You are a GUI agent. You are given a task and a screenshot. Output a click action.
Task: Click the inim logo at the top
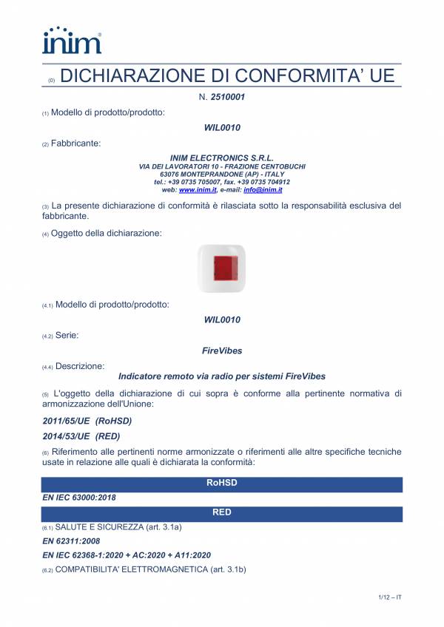(72, 40)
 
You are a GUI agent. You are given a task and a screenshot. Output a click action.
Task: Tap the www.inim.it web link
(192, 190)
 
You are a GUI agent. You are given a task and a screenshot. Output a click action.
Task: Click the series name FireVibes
(222, 350)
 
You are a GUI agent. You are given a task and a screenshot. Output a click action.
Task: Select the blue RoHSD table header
(222, 484)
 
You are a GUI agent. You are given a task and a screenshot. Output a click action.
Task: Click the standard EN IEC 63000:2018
(79, 498)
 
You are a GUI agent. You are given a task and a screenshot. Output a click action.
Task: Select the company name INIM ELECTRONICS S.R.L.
(222, 158)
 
